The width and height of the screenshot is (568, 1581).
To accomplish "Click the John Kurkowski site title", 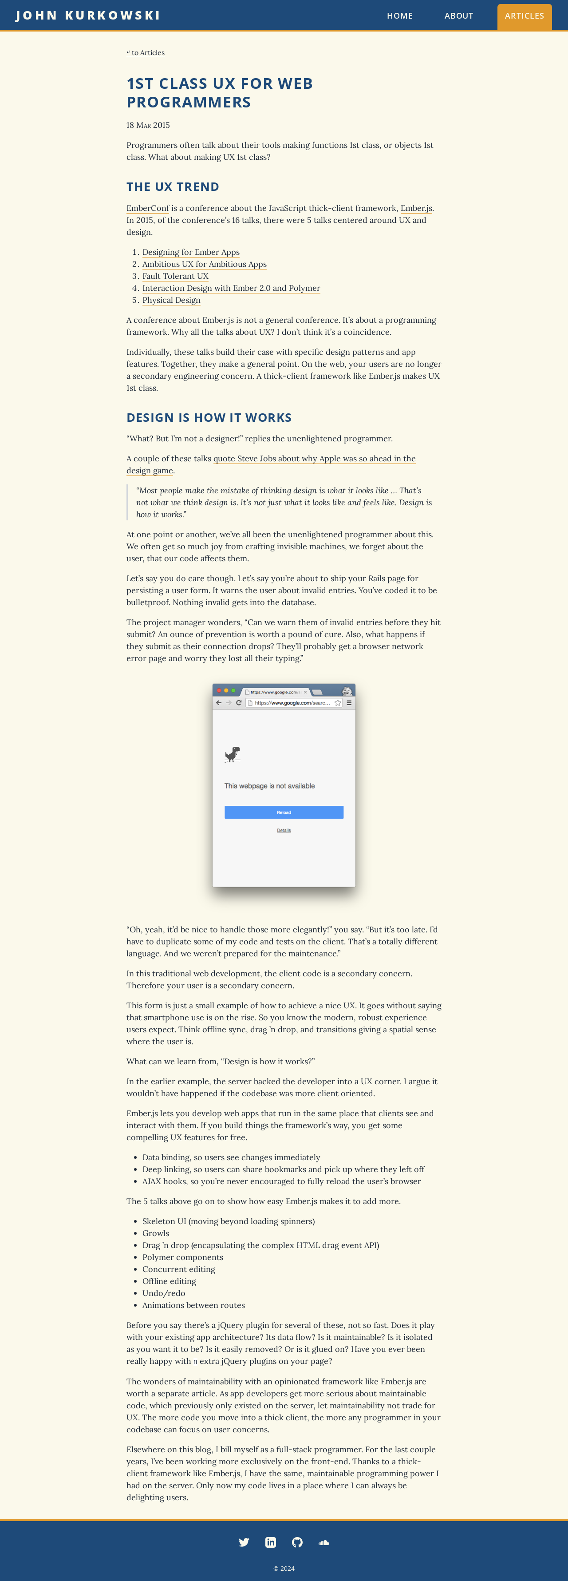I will point(88,16).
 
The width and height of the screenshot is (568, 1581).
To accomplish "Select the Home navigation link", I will point(399,16).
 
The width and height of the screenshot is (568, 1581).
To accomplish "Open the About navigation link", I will point(458,16).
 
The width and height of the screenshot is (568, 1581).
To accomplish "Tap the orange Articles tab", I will point(524,16).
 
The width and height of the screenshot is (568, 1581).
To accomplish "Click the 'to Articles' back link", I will point(146,53).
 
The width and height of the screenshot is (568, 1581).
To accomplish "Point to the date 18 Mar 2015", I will point(148,125).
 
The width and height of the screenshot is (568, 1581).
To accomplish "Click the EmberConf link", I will point(147,208).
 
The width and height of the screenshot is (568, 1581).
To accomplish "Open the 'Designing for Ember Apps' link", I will point(191,252).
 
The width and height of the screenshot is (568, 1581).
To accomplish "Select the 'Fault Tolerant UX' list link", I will point(175,276).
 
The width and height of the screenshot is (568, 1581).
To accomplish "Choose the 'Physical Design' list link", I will point(171,300).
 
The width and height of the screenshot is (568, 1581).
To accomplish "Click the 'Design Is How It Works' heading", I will point(209,417).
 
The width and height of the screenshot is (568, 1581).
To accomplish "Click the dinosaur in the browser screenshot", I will point(233,754).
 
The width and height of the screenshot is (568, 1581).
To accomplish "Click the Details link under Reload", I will point(284,830).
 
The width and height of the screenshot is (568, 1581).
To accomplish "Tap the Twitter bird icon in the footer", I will point(244,1542).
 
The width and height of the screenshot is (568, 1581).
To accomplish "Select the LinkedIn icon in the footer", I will point(271,1542).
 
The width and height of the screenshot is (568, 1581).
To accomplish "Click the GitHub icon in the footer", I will point(297,1542).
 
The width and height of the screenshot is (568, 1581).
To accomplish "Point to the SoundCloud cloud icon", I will point(324,1542).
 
